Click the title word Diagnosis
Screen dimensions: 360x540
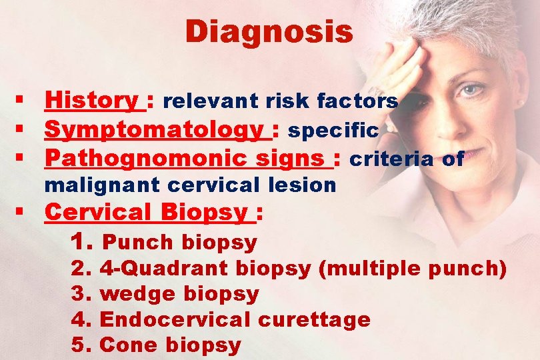pyautogui.click(x=269, y=31)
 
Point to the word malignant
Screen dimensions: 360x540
pyautogui.click(x=97, y=185)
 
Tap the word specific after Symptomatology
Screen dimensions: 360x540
pyautogui.click(x=333, y=131)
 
